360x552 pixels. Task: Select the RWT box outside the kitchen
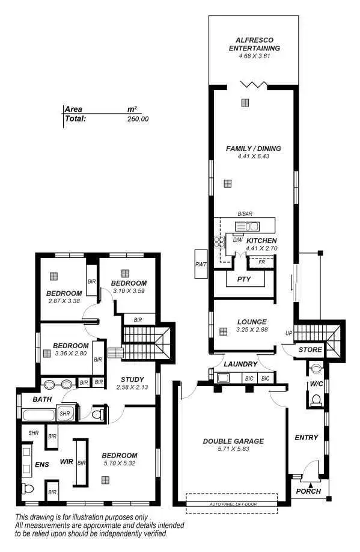coord(200,264)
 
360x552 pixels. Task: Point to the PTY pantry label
coord(244,280)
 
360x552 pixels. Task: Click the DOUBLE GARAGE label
coord(233,441)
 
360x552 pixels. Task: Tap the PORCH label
coord(309,491)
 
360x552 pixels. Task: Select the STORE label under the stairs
coord(310,349)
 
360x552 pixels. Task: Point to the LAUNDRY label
coord(240,364)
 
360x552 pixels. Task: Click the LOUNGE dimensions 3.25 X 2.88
coord(252,330)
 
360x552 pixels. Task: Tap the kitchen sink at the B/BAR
coord(247,227)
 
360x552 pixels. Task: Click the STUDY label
coord(132,379)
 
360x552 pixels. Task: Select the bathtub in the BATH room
coord(39,414)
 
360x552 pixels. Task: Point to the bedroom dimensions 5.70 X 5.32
coord(119,464)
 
